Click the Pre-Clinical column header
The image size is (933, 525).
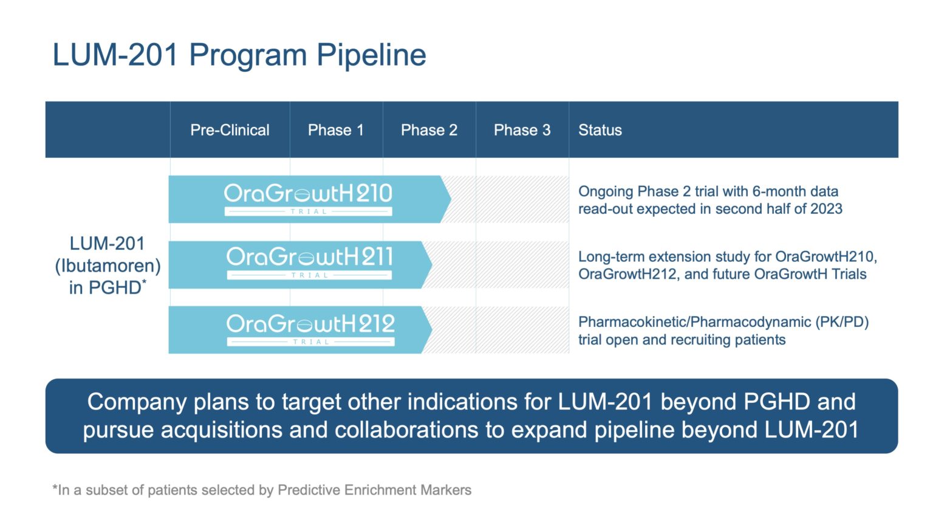coord(230,130)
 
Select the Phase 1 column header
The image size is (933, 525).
coord(335,130)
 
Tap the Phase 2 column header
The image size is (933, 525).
coord(429,130)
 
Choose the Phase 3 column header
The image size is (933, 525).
coord(522,130)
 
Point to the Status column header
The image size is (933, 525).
coord(600,130)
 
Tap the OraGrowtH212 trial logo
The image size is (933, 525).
coord(310,329)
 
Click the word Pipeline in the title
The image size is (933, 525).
coord(371,55)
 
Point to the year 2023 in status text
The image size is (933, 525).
coord(825,209)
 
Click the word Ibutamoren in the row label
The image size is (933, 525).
coord(108,266)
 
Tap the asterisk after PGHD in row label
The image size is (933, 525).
coord(145,282)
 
